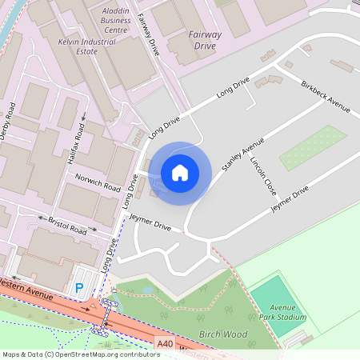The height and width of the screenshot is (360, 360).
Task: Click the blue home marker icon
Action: coord(180,172)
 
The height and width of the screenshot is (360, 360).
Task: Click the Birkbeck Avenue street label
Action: coord(325,96)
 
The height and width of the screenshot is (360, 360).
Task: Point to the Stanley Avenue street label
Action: coord(242,154)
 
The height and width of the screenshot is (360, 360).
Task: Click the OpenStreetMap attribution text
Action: coord(80,354)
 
